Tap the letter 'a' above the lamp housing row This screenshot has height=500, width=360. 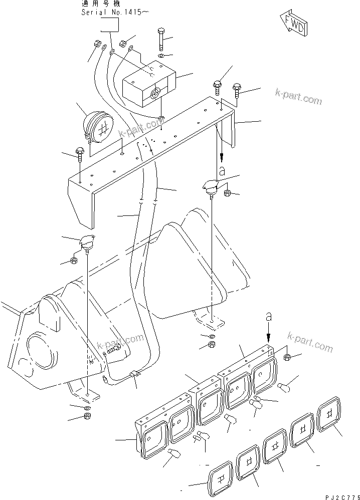pyautogui.click(x=269, y=318)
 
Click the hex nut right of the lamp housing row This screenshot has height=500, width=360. pyautogui.click(x=288, y=357)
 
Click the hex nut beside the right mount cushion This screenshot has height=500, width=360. pyautogui.click(x=227, y=193)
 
